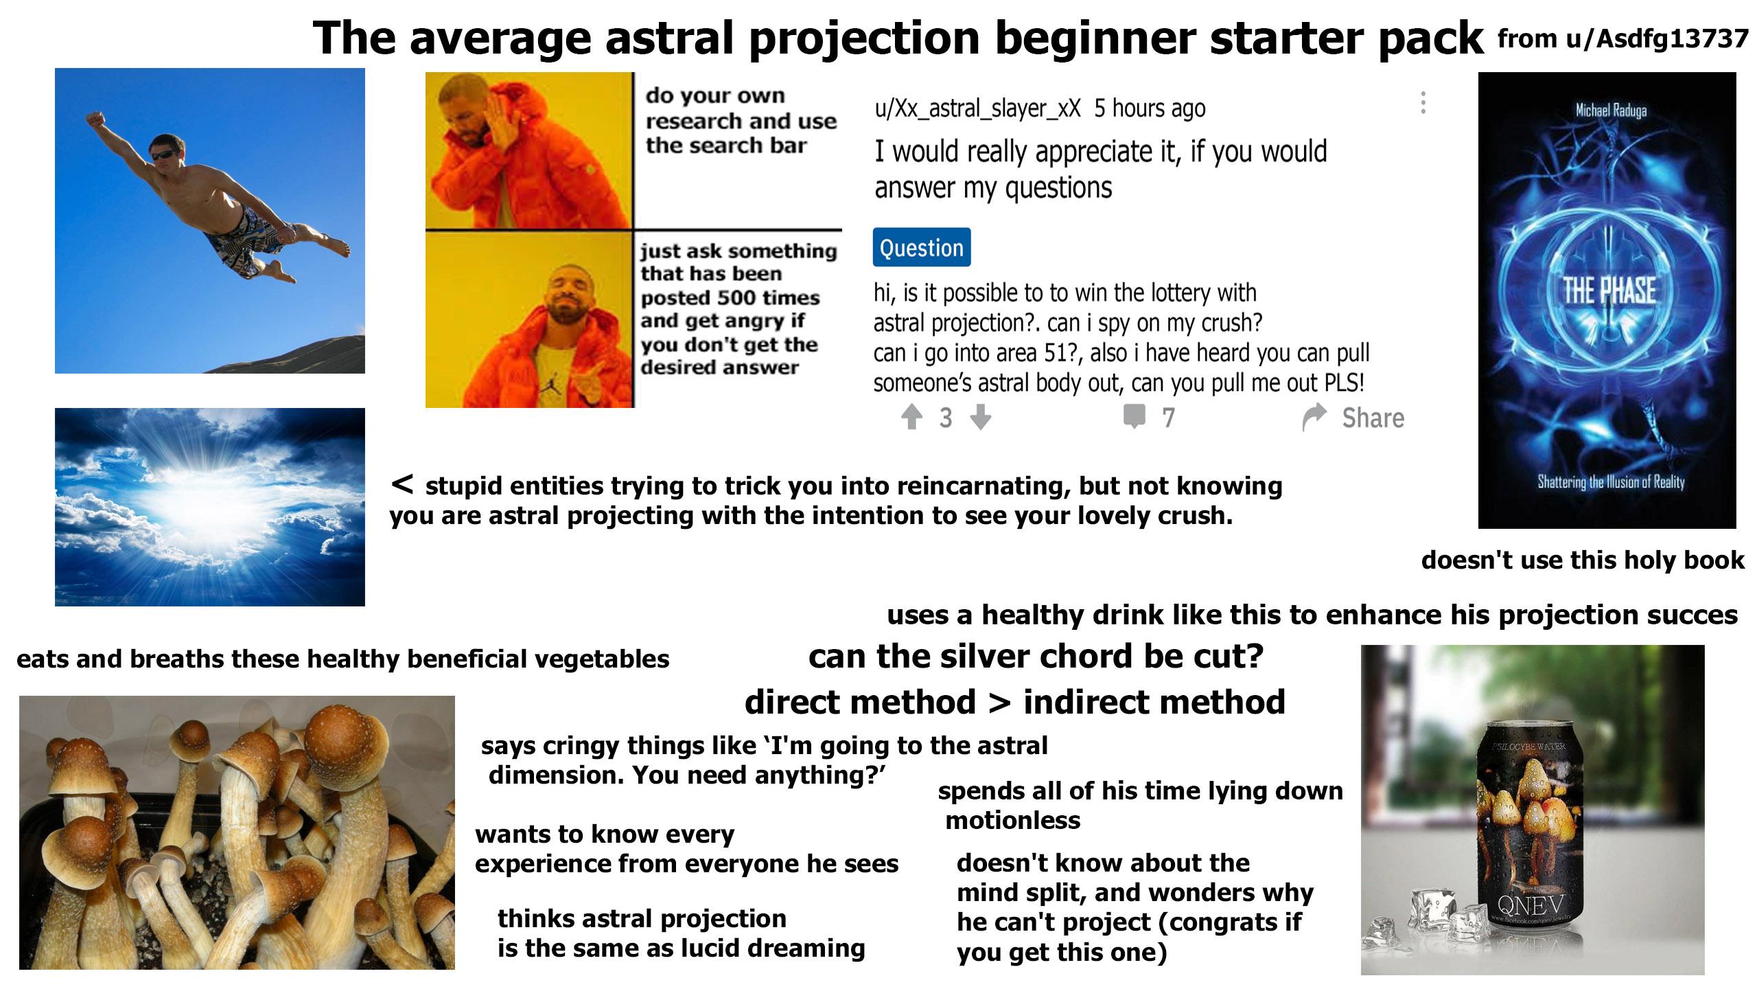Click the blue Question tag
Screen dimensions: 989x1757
[921, 247]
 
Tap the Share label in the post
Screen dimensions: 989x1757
[1373, 418]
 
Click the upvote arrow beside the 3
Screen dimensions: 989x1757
[911, 416]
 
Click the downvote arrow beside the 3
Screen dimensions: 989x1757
[981, 416]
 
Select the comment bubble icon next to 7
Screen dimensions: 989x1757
[1134, 416]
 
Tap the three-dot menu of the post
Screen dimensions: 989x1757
[1423, 103]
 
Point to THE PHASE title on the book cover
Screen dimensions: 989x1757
[1609, 291]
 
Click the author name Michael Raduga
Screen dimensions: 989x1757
[1611, 110]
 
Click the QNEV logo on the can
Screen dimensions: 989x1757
[1530, 902]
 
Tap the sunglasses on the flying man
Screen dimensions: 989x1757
[163, 156]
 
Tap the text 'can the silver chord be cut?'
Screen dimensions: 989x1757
[1036, 656]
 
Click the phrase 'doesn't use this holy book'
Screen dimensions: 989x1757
[1583, 560]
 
